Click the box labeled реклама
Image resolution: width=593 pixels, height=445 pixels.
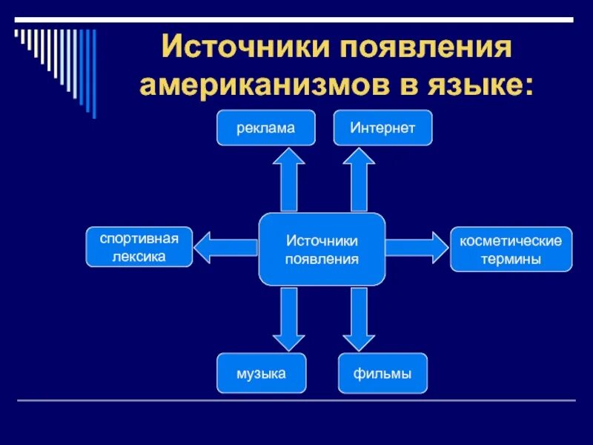[x=266, y=128]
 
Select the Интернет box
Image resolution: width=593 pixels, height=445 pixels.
[x=382, y=128]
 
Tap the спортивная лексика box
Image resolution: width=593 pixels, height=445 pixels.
[x=139, y=247]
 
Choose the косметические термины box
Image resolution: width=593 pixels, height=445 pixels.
[x=511, y=249]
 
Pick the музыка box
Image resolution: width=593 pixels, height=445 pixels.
[x=261, y=374]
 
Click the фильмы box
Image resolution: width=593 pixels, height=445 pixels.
[x=384, y=374]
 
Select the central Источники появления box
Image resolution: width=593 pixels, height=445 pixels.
[x=322, y=249]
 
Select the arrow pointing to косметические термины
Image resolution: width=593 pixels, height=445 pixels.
[x=417, y=247]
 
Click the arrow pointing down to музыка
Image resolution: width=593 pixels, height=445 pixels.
[x=288, y=319]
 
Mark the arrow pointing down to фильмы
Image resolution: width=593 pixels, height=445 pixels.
[x=360, y=319]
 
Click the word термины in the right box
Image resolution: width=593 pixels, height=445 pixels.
[x=511, y=259]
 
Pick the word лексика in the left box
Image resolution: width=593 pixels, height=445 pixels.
[x=139, y=257]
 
